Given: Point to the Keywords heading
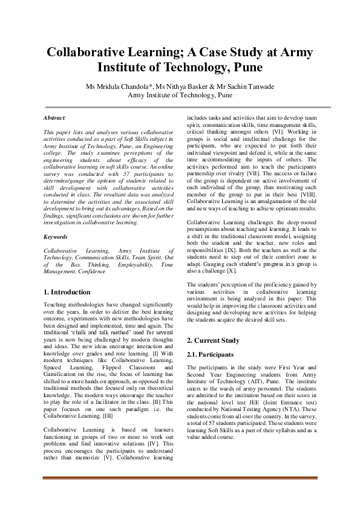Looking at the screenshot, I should click(56, 237).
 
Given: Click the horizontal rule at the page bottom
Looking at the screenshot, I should click(180, 478).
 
